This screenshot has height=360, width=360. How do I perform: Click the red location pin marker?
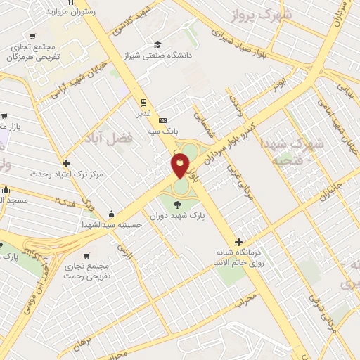point(181,166)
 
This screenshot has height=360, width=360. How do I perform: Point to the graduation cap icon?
point(156,44)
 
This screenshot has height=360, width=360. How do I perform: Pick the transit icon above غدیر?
point(143,101)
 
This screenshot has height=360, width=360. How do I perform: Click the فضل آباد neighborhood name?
point(110,136)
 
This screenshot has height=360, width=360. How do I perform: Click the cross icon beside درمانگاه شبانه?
point(239,242)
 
